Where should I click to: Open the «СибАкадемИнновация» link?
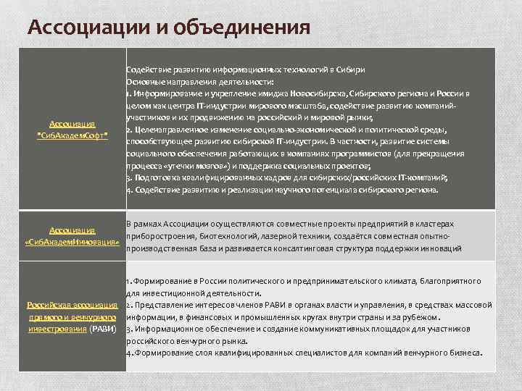tap(77, 241)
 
